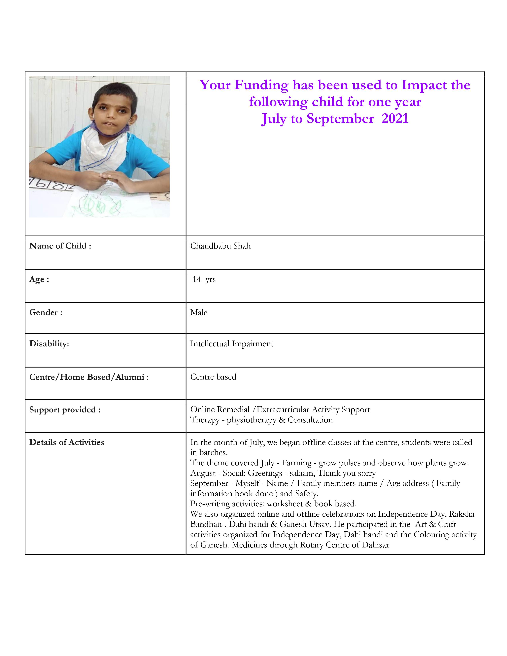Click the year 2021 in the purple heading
pyautogui.click(x=395, y=119)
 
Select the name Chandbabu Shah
pyautogui.click(x=220, y=246)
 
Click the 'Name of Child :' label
pyautogui.click(x=60, y=246)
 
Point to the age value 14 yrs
pyautogui.click(x=204, y=279)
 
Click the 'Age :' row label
pyautogui.click(x=39, y=279)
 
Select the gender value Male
pyautogui.click(x=199, y=313)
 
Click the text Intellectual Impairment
pyautogui.click(x=232, y=344)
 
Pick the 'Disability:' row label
pyautogui.click(x=49, y=344)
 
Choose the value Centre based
pyautogui.click(x=213, y=377)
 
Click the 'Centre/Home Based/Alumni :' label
pyautogui.click(x=89, y=377)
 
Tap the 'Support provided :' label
pyautogui.click(x=65, y=410)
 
